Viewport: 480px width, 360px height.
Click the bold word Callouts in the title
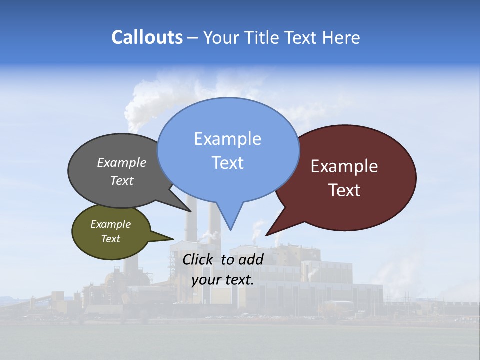pos(147,37)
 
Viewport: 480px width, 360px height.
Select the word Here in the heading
pos(341,37)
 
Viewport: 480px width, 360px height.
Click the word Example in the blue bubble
pos(227,139)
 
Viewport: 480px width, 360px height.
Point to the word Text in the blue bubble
pos(227,163)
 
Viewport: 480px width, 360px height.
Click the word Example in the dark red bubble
pos(344,166)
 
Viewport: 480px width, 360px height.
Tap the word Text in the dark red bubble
pos(344,190)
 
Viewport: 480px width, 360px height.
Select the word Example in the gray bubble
pos(122,163)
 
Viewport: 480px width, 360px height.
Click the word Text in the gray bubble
pos(122,180)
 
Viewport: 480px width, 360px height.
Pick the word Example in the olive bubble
pos(110,224)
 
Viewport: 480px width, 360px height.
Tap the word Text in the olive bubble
pos(110,239)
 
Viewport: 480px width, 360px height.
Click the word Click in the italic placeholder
pos(198,259)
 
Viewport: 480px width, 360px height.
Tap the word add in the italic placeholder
pos(250,259)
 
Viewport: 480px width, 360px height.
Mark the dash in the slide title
pos(193,38)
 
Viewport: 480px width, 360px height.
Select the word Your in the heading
pos(221,37)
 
